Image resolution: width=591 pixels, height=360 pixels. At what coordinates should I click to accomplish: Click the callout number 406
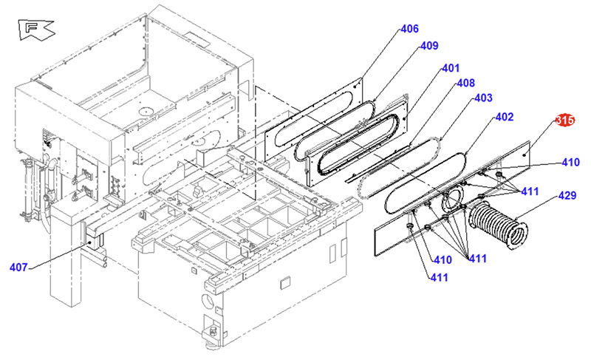pyautogui.click(x=409, y=30)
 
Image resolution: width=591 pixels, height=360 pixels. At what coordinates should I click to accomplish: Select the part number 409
pyautogui.click(x=429, y=46)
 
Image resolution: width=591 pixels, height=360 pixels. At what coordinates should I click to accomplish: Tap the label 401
pyautogui.click(x=451, y=68)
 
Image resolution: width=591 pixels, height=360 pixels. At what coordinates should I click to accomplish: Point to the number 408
pyautogui.click(x=465, y=83)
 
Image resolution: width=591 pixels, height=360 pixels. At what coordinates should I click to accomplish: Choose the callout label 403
pyautogui.click(x=483, y=98)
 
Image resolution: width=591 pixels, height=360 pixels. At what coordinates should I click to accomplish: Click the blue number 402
pyautogui.click(x=504, y=117)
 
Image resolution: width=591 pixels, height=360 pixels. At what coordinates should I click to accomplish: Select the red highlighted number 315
pyautogui.click(x=565, y=120)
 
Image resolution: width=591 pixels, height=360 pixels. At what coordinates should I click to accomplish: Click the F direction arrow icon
pyautogui.click(x=35, y=30)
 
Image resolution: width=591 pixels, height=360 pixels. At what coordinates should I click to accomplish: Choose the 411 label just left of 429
pyautogui.click(x=529, y=191)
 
